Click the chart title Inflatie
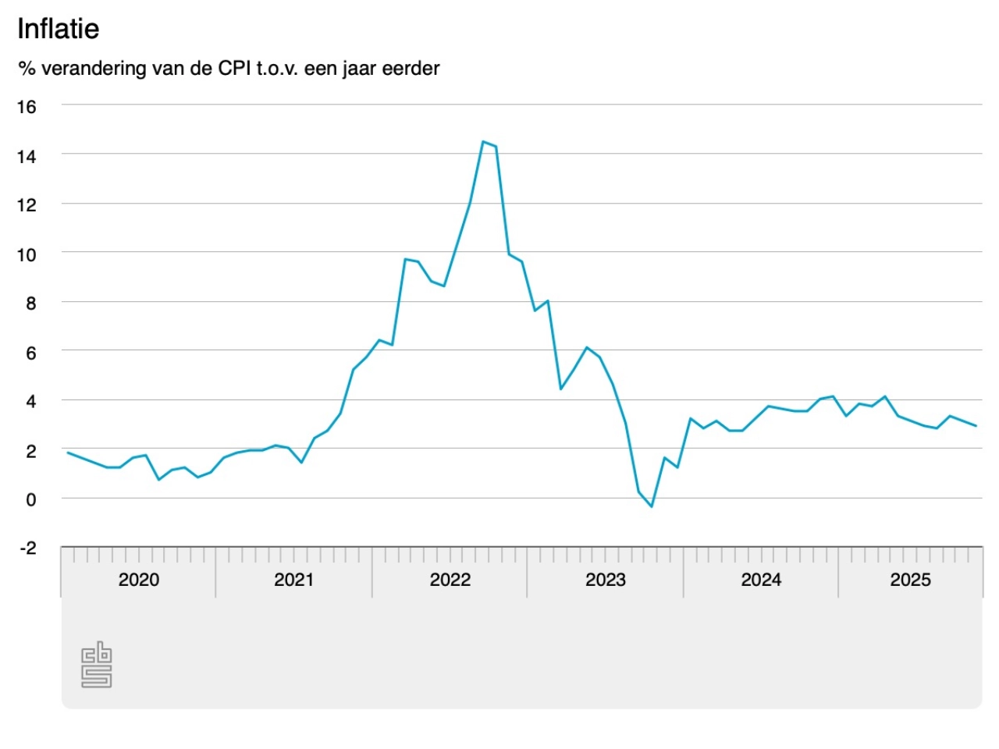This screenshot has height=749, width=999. point(59,29)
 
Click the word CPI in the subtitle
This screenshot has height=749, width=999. point(234,69)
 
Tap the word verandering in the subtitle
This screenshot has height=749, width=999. point(93,69)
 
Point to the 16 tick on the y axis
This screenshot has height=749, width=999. point(27,107)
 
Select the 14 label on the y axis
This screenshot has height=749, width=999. point(27,157)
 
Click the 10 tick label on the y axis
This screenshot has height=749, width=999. point(27,254)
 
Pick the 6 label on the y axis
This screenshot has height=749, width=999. point(31,353)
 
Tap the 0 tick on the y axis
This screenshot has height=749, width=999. point(31,499)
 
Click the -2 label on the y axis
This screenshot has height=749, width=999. point(28,548)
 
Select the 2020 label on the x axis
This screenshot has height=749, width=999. point(139,580)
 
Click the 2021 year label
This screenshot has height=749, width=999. point(294,580)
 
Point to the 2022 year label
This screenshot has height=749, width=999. point(450,580)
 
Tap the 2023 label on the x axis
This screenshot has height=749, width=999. point(606,580)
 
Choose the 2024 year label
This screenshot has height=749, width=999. point(761,580)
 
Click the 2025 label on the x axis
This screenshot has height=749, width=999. point(910,580)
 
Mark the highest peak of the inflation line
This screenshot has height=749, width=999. point(483,142)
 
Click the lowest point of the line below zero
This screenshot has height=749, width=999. point(652,507)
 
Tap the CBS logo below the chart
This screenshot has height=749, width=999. point(97,665)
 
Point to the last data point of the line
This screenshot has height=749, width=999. point(976,425)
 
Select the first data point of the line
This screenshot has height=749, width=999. point(68,453)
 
